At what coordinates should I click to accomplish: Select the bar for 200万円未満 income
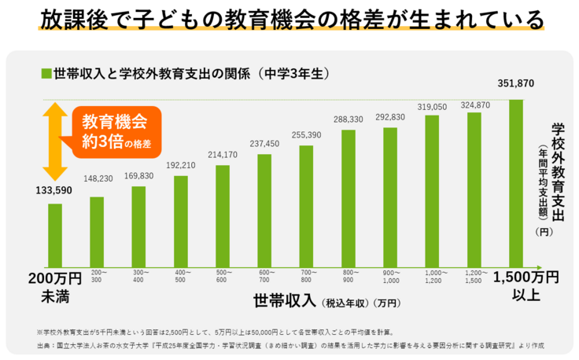pyautogui.click(x=54, y=234)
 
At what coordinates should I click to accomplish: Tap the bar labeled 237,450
pyautogui.click(x=264, y=209)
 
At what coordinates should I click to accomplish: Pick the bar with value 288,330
pyautogui.click(x=349, y=197)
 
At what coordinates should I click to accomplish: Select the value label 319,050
pyautogui.click(x=433, y=106)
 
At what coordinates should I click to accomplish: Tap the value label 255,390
pyautogui.click(x=307, y=135)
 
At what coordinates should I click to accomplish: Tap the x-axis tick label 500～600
pyautogui.click(x=223, y=275)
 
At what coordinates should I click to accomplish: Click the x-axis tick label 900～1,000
pyautogui.click(x=391, y=275)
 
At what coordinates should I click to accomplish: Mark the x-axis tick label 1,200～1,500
pyautogui.click(x=475, y=275)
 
